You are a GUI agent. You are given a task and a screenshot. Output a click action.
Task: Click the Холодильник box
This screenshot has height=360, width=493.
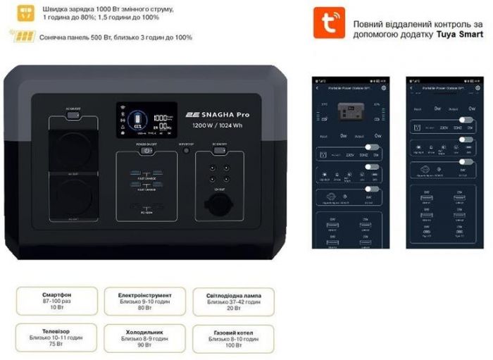pyautogui.click(x=144, y=337)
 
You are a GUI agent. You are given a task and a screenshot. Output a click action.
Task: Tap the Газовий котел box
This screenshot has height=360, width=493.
pyautogui.click(x=233, y=337)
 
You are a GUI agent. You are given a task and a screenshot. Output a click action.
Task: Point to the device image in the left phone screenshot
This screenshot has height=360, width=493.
pyautogui.click(x=350, y=111)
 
